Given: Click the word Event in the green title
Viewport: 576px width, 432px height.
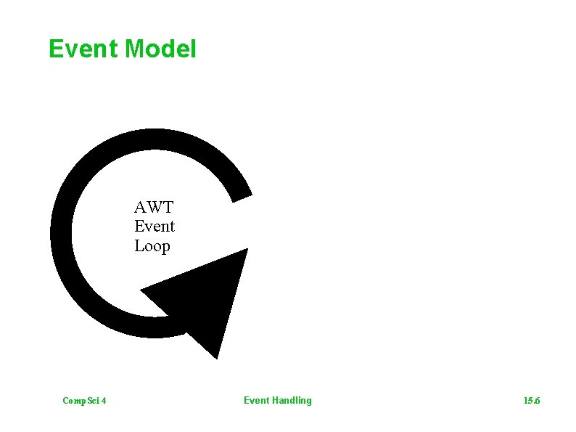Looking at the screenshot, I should coord(83,49).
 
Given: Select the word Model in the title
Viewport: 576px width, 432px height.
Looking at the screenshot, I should coord(160,49).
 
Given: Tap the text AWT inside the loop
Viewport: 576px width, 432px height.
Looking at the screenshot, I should coord(154,207).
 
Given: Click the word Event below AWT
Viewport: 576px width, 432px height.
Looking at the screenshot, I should coord(155,227).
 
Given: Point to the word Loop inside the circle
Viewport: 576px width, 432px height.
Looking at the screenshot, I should coord(152,246).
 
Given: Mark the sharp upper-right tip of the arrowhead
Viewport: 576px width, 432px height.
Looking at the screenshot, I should coord(247,250).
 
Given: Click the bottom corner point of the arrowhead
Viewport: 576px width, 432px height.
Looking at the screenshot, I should coord(215,358).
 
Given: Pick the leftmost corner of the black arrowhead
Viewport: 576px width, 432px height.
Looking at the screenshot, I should coord(141,290).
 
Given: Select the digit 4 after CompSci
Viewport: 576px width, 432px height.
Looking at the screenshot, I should coord(104,401).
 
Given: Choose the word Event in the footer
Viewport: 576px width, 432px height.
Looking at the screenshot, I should coord(256,400).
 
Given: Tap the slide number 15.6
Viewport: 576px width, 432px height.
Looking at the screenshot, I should coord(532,401).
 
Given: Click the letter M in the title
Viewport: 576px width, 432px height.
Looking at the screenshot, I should coord(135,49).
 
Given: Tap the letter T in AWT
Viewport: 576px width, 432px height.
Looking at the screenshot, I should coord(168,207).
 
